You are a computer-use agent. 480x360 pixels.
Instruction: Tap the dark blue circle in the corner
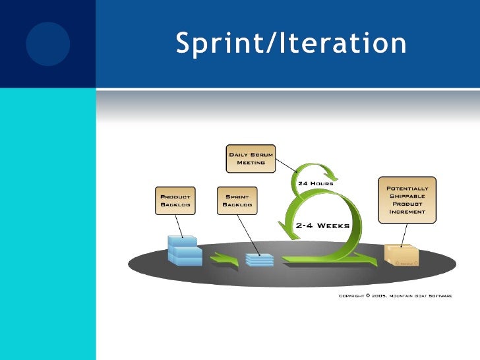(47, 44)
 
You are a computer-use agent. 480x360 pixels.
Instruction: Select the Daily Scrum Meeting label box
(251, 158)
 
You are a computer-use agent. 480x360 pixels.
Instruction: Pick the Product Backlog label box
(175, 200)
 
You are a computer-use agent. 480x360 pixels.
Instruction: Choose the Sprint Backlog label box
(237, 200)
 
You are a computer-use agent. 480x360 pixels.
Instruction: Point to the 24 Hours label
(316, 183)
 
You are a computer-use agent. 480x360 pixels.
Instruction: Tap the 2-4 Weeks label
(322, 225)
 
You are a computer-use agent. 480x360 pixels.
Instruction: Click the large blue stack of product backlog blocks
(184, 251)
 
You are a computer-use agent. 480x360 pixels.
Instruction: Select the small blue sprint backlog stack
(258, 259)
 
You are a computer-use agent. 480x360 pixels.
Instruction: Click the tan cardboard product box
(401, 256)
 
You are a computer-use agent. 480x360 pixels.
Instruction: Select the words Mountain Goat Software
(425, 296)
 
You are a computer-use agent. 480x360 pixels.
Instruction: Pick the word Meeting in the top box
(251, 162)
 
